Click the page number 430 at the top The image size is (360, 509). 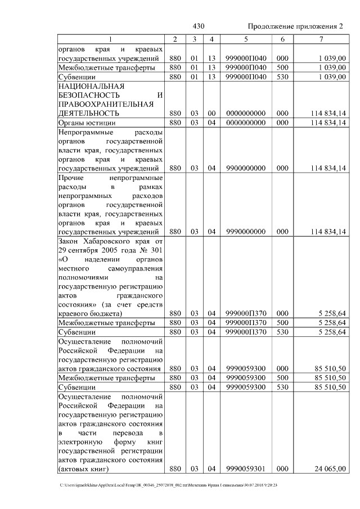(198, 26)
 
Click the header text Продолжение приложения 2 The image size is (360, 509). (295, 26)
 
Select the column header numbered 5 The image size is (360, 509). (245, 39)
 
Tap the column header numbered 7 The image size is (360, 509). (321, 39)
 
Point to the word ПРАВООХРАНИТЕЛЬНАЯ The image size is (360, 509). (106, 104)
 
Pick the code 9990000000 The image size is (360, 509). (245, 231)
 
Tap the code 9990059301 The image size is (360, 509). (245, 469)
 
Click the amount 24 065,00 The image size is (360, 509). (331, 469)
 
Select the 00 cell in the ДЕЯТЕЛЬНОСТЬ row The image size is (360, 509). (211, 114)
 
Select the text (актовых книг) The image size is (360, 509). (84, 469)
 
